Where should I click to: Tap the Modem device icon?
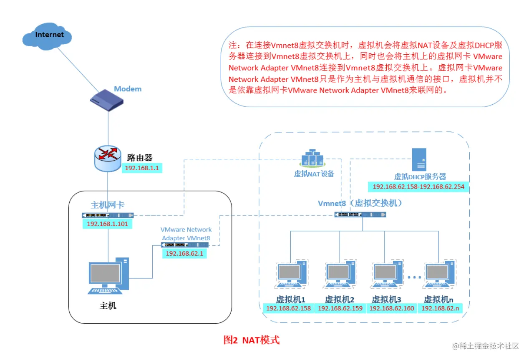(107, 101)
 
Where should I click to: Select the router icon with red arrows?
(108, 159)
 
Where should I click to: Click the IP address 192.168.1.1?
(142, 168)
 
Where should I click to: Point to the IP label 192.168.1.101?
(108, 224)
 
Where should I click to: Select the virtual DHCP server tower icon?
(419, 159)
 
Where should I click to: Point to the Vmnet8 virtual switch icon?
(360, 214)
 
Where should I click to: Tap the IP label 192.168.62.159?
(340, 309)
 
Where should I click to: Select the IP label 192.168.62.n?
(441, 309)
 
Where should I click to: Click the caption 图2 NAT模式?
(251, 340)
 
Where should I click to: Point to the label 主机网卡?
(107, 205)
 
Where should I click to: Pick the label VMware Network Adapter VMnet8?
(186, 234)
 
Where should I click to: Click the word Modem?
(128, 89)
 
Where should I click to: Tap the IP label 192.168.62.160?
(391, 309)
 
